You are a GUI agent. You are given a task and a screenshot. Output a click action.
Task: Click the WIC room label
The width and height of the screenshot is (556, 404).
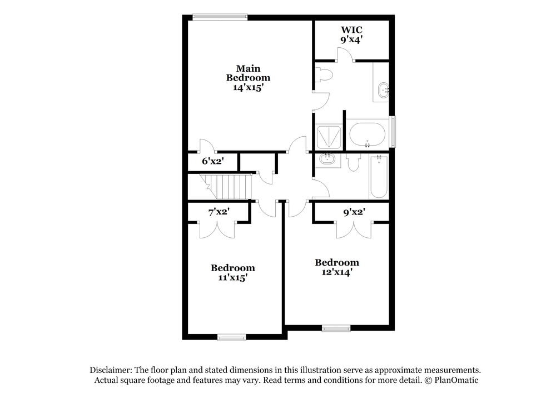[x=351, y=29]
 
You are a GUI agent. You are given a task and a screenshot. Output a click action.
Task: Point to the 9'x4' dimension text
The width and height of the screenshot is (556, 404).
[x=351, y=39]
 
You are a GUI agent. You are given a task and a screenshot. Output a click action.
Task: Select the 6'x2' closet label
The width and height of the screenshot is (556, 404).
[x=212, y=161]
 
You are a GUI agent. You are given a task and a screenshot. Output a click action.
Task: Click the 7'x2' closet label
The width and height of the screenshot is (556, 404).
[x=219, y=212]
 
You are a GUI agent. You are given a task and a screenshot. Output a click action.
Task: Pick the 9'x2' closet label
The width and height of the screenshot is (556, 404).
[x=354, y=211]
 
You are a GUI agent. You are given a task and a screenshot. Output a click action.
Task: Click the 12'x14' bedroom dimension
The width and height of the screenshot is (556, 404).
[x=337, y=272]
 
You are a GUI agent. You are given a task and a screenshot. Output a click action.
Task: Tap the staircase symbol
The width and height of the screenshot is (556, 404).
[x=225, y=186]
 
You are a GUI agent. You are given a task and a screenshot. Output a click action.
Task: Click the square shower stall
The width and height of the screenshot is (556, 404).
[x=328, y=136]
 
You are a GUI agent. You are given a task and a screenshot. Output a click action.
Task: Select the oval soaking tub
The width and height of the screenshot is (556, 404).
[x=367, y=134]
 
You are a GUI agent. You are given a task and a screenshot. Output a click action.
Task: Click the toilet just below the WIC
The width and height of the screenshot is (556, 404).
[x=323, y=74]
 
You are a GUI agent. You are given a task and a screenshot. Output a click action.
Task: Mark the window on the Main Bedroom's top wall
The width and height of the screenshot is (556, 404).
[x=220, y=17]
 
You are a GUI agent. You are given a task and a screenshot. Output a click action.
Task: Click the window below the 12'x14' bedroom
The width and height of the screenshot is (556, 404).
[x=336, y=328]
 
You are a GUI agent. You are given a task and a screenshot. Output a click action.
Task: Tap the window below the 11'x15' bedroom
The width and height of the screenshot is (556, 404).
[x=231, y=337]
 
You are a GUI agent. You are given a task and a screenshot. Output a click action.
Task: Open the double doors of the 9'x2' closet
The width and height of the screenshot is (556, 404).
[x=354, y=229]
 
